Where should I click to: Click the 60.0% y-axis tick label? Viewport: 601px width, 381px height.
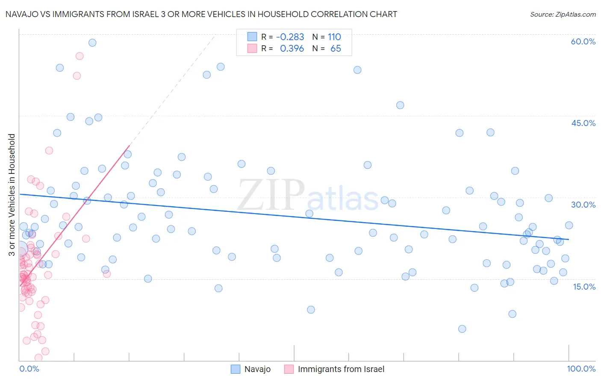point(583,41)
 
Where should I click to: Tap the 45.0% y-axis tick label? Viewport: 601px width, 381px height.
point(583,123)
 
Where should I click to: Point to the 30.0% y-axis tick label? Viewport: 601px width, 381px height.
point(583,205)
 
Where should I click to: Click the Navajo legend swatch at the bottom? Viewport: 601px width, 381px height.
point(236,369)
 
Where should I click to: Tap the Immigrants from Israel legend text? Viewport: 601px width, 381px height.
point(341,369)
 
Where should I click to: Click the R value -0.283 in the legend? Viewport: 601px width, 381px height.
point(290,37)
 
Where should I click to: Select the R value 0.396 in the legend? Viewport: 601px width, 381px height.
point(292,49)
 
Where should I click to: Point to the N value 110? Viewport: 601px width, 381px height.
point(334,37)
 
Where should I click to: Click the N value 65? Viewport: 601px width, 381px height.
point(336,49)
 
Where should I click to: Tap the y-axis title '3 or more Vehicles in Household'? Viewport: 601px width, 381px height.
point(12,195)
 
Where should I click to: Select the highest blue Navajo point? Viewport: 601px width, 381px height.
point(92,43)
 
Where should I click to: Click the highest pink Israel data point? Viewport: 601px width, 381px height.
point(80,56)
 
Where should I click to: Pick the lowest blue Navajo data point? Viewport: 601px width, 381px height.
point(462,329)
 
